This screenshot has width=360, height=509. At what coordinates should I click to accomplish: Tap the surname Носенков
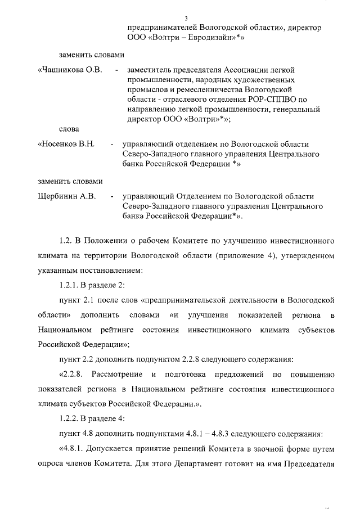[61, 144]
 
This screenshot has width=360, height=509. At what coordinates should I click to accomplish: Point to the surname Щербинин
[58, 197]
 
